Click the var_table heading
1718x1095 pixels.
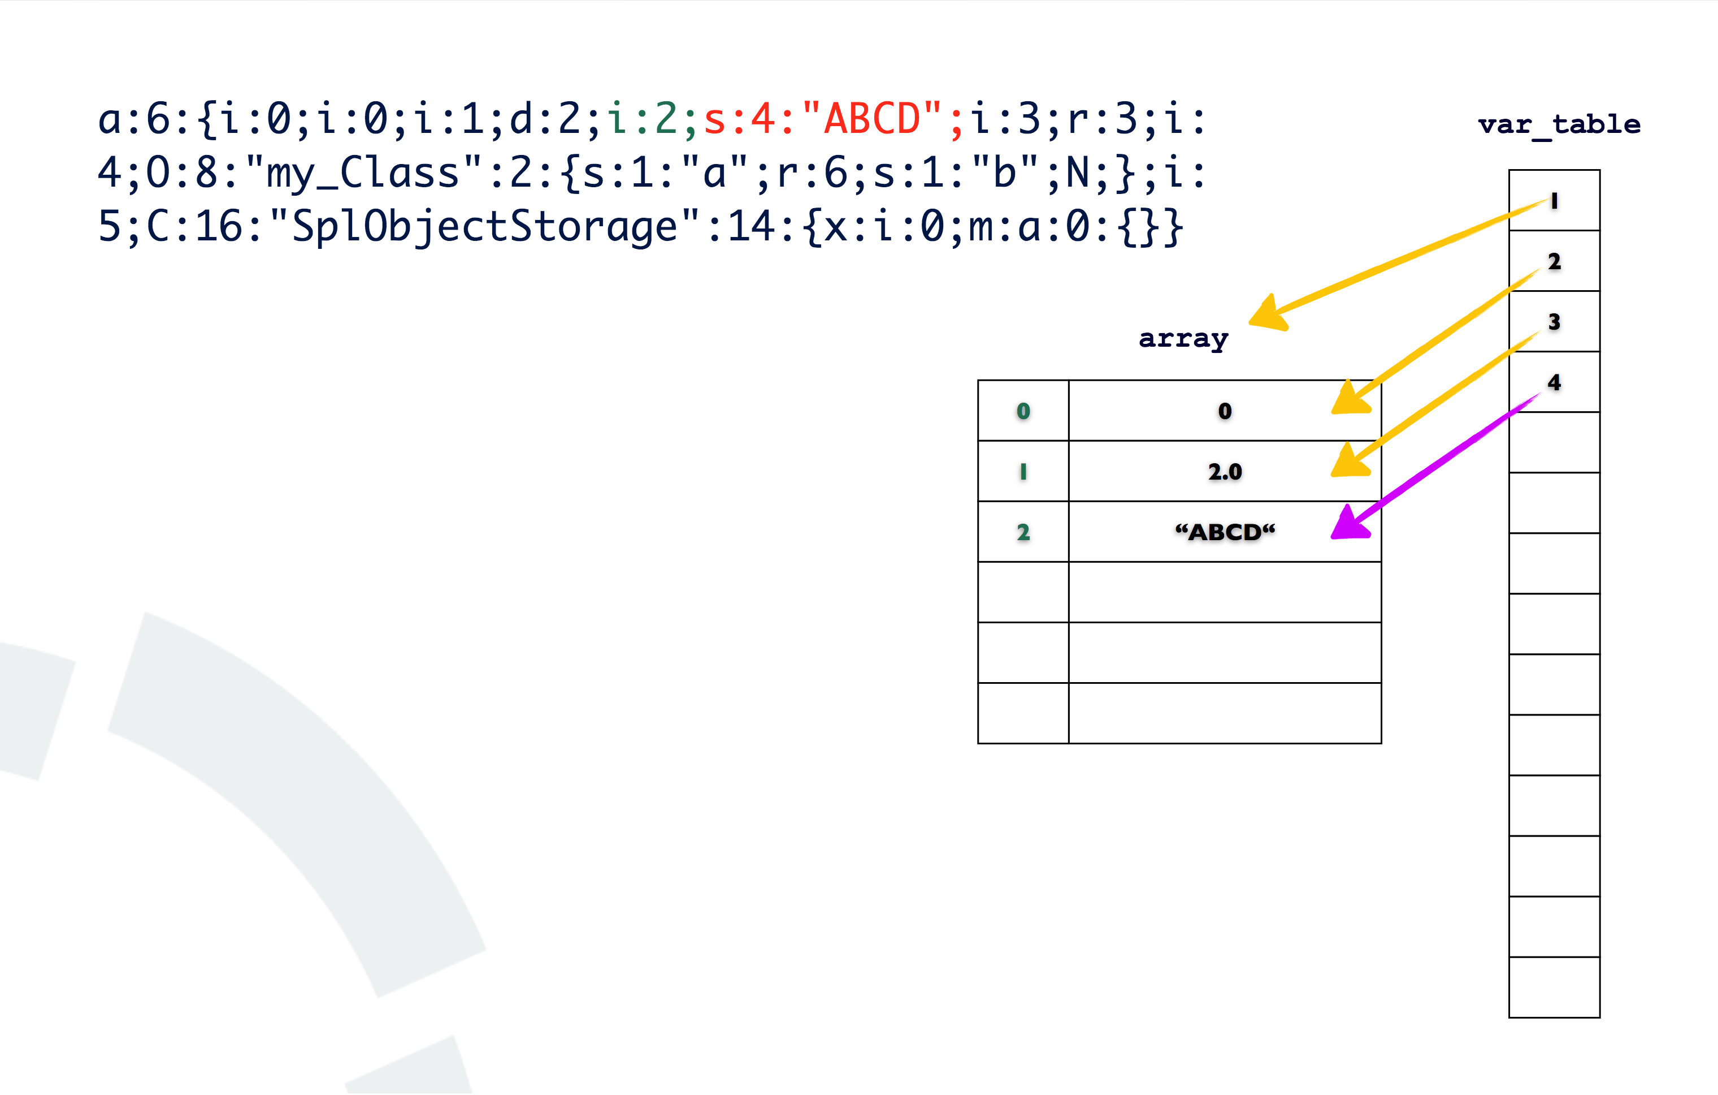[1559, 124]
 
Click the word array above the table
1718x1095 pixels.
[1183, 338]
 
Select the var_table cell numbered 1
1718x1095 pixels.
[1554, 201]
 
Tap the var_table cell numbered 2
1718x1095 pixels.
[1554, 261]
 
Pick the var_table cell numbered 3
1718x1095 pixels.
[1554, 322]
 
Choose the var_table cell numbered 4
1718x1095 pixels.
[1554, 382]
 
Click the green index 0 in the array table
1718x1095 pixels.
[1023, 411]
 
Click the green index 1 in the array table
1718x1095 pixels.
[1023, 472]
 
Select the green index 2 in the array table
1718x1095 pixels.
[1023, 532]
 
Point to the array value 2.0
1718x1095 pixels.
[1224, 472]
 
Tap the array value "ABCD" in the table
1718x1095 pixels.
[1224, 532]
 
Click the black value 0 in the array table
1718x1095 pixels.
[1224, 411]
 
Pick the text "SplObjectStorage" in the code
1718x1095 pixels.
[484, 227]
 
